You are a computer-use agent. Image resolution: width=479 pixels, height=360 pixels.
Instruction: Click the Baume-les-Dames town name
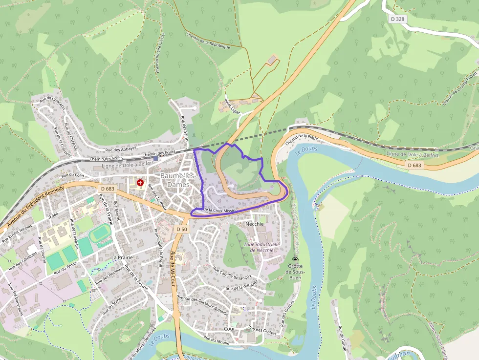178,180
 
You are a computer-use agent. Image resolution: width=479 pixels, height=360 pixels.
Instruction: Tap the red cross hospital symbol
140,183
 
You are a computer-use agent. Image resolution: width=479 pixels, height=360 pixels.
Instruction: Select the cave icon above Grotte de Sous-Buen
294,259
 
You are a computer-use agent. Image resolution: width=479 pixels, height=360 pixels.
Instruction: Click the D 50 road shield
182,229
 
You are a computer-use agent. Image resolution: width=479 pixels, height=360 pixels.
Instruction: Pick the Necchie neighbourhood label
255,224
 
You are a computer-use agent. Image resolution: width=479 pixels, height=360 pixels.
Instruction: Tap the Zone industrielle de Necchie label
261,247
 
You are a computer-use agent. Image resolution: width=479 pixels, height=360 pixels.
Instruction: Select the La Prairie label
122,257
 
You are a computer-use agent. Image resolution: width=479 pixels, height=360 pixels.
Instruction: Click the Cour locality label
229,329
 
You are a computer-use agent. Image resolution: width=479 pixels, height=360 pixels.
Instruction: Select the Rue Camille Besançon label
232,274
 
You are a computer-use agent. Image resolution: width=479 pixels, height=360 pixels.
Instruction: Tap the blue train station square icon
155,158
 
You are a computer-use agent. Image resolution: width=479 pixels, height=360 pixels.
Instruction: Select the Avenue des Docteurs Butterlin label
202,305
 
